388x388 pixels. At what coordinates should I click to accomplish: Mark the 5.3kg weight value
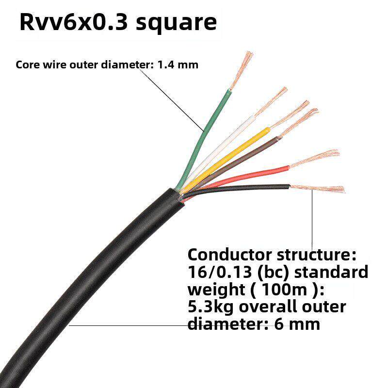click(x=209, y=307)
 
